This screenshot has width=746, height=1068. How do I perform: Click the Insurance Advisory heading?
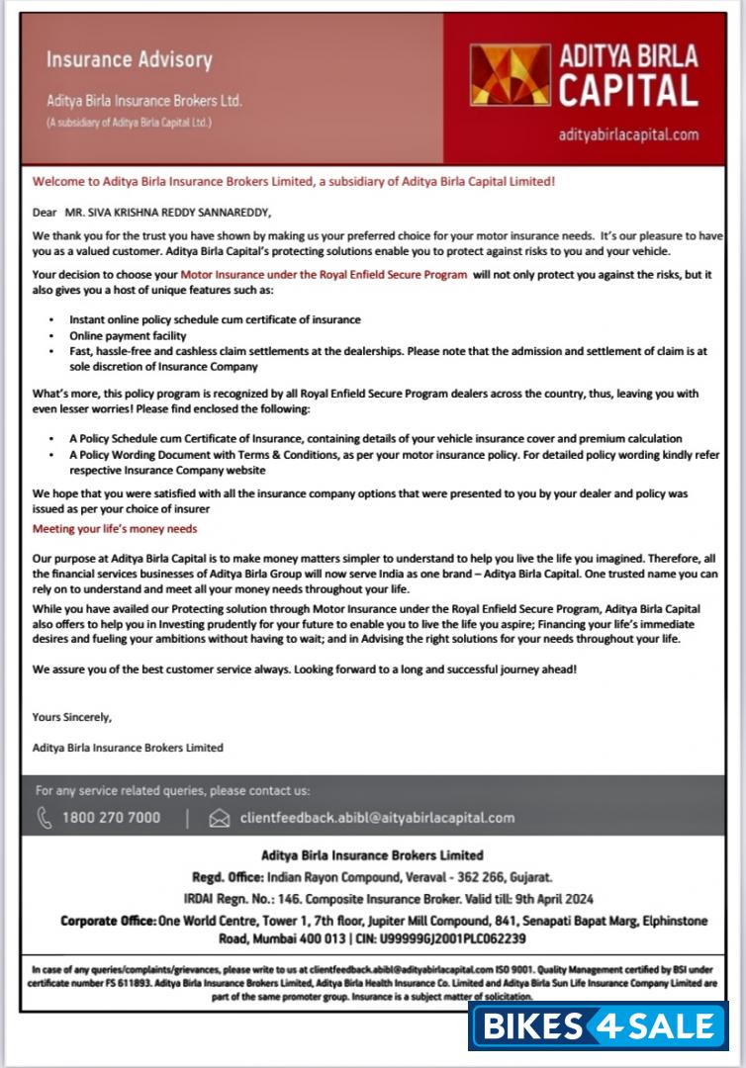(x=129, y=60)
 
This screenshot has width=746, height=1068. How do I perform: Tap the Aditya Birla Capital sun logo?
(x=510, y=75)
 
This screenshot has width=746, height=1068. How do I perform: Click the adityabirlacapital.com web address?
(x=628, y=134)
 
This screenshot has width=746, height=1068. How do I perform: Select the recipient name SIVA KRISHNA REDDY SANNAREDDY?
(x=166, y=212)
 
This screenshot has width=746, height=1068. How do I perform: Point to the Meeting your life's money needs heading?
(x=115, y=529)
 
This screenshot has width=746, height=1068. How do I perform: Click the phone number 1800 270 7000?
(x=111, y=818)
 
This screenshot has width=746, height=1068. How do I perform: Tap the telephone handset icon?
(x=45, y=818)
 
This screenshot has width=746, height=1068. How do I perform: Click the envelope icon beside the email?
(x=220, y=818)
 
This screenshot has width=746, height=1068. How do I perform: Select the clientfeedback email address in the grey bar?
(x=377, y=818)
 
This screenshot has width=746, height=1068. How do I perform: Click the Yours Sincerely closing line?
(x=72, y=717)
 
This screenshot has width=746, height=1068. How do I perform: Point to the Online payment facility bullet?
(x=129, y=336)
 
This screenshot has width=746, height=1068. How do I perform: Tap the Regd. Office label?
(x=227, y=877)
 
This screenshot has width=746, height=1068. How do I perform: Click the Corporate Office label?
(x=108, y=921)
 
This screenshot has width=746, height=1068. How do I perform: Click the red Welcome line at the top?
(x=294, y=182)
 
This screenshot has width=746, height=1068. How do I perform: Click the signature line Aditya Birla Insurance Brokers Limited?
(x=128, y=748)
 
